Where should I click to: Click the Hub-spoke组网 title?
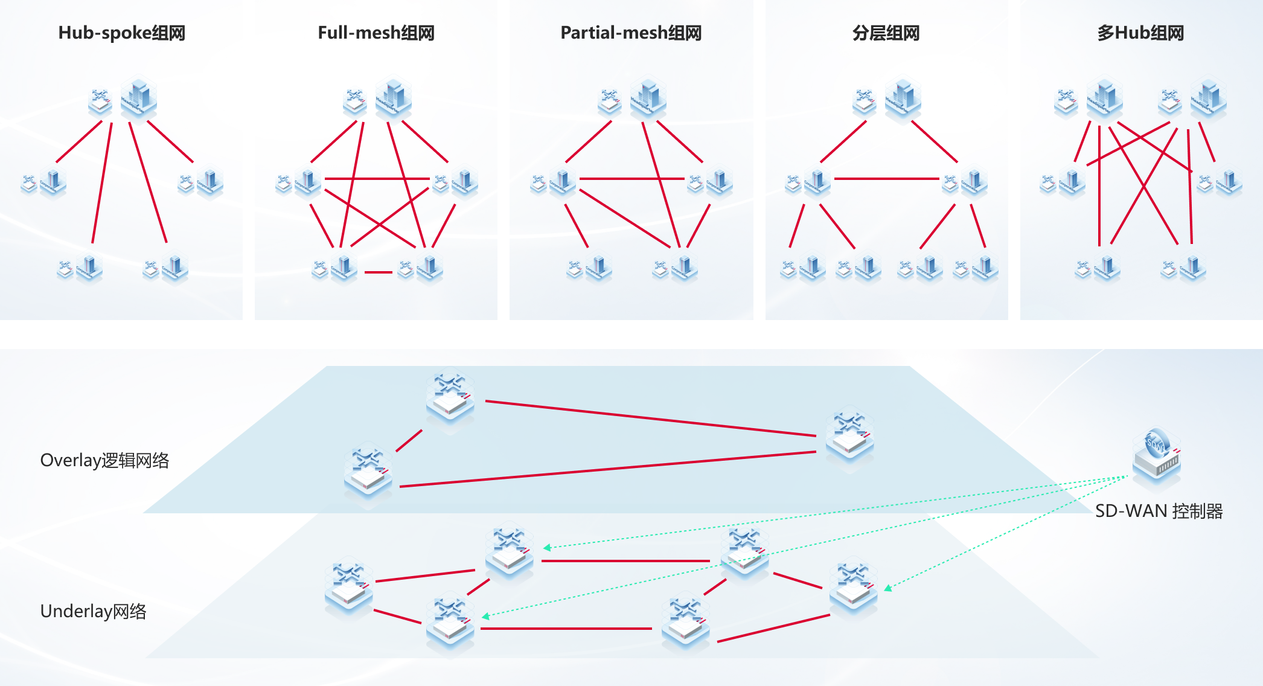click(121, 33)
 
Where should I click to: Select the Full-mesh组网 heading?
click(376, 33)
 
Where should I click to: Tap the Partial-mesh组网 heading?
click(631, 33)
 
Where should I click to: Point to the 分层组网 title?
click(886, 33)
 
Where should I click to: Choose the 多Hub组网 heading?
click(1140, 33)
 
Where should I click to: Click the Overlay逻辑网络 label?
click(104, 460)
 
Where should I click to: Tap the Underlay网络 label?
click(93, 611)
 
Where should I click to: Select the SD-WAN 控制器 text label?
click(1159, 511)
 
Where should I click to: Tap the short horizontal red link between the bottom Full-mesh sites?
click(379, 272)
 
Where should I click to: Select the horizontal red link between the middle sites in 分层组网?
click(886, 179)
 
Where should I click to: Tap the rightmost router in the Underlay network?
click(853, 586)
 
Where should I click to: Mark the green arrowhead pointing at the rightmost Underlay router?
click(887, 588)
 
